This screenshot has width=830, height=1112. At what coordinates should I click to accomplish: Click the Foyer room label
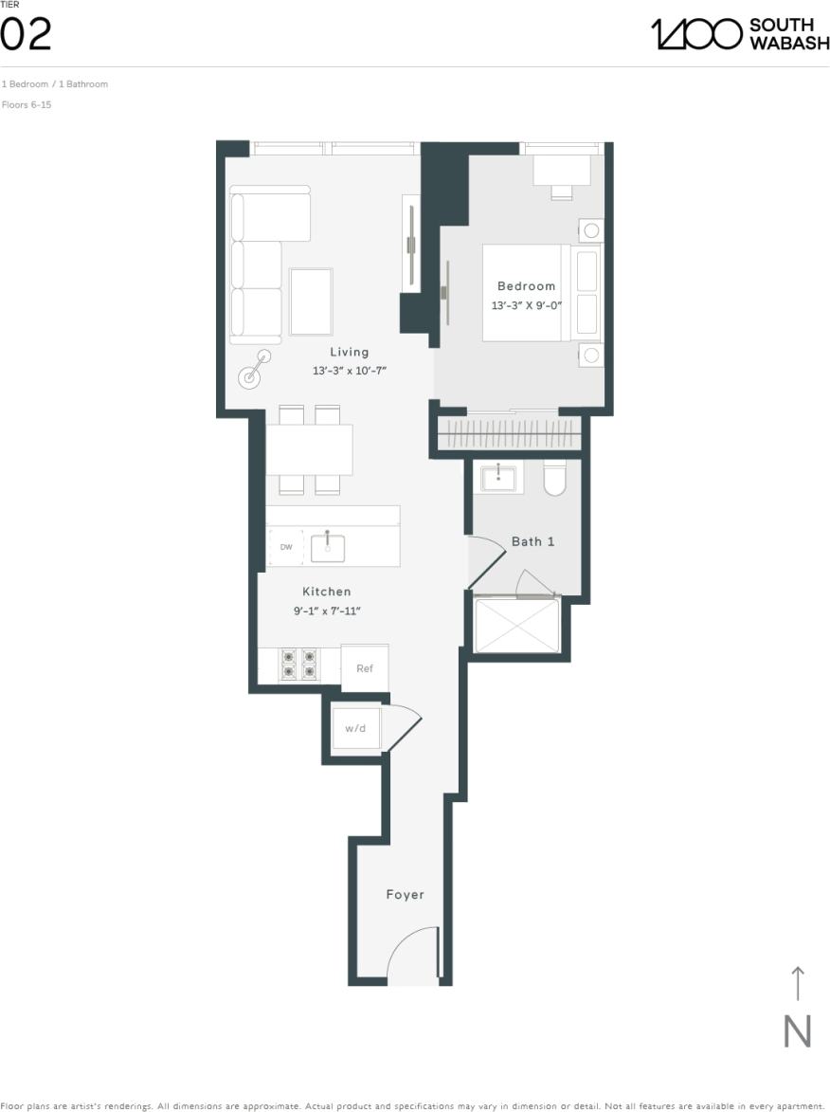click(405, 895)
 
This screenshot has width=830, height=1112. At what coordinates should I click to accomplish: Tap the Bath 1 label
click(532, 541)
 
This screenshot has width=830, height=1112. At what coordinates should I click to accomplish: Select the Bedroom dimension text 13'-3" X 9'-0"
click(526, 306)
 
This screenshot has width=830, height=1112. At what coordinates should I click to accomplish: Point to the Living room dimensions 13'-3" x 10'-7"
click(350, 371)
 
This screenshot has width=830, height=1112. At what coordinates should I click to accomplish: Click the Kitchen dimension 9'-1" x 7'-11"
click(327, 611)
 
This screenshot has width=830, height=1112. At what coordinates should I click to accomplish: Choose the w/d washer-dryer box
click(355, 728)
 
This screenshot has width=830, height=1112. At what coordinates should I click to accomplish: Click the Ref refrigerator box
click(365, 668)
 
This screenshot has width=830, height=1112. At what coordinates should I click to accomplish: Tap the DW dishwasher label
click(286, 547)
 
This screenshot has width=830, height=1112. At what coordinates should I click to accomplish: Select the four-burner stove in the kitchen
click(298, 664)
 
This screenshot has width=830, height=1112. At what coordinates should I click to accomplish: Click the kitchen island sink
click(328, 547)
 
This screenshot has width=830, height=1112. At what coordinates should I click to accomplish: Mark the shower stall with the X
click(516, 625)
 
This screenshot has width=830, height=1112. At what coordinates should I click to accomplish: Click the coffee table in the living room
click(311, 301)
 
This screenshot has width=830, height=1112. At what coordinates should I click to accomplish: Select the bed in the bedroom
click(540, 293)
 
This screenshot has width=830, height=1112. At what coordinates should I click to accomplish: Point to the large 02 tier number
click(26, 35)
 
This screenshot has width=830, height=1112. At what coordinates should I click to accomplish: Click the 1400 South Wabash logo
click(739, 34)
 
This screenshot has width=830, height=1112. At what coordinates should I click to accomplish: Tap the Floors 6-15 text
click(27, 104)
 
